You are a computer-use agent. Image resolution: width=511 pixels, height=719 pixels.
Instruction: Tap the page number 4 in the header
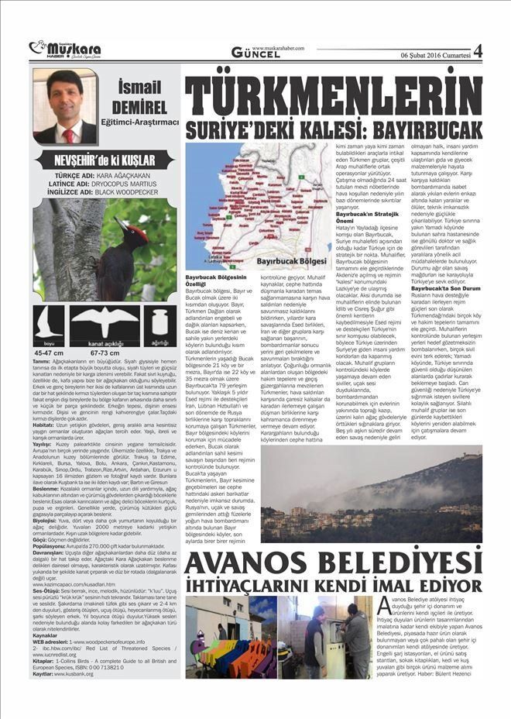click(x=477, y=50)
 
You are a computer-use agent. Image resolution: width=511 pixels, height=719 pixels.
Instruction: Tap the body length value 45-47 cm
click(x=50, y=352)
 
